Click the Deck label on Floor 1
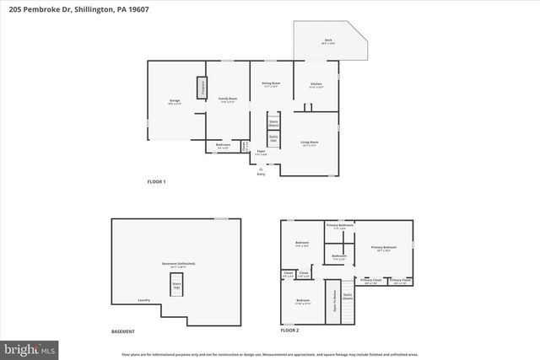pos(328,41)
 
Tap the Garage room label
pos(174,101)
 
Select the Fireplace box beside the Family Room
pos(202,88)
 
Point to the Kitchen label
pos(316,85)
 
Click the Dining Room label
pos(270,84)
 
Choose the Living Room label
pos(310,143)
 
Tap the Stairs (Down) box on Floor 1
pos(273,124)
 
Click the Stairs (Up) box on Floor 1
pos(273,138)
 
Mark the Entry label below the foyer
pos(262,175)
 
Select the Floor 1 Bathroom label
pos(223,146)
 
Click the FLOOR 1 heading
pos(156,182)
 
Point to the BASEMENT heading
pos(123,331)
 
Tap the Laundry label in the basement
pos(143,299)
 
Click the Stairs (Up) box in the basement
pos(177,284)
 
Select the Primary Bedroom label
pos(383,248)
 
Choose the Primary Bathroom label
pos(339,226)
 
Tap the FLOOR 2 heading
pos(290,331)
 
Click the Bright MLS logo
pos(30,347)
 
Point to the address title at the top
pos(69,8)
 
